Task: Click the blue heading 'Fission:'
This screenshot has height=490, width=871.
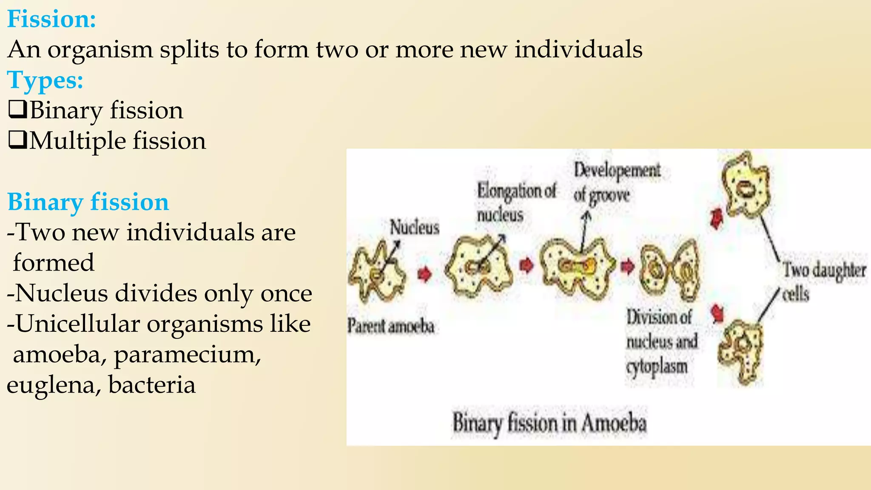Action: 51,19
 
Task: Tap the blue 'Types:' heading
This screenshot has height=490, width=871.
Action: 45,80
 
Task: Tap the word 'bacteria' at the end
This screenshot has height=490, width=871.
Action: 152,385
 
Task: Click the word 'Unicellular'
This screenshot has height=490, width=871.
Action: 78,324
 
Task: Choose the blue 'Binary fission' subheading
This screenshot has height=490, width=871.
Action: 88,202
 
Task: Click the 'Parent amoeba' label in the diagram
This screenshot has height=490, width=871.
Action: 391,326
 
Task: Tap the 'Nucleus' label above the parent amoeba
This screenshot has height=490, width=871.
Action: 415,227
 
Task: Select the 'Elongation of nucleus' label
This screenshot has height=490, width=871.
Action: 515,202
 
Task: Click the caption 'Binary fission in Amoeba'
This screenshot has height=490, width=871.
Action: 549,423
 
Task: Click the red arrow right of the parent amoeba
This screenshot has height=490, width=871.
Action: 424,274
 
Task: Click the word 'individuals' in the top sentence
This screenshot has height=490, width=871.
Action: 578,49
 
